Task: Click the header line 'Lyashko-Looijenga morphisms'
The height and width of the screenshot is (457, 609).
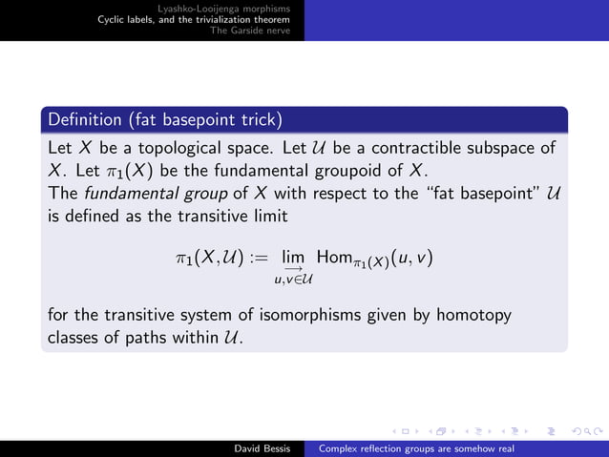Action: (231, 9)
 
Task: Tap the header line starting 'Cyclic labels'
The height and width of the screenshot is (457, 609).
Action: (200, 19)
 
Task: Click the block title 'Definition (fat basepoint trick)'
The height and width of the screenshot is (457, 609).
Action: (164, 120)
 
